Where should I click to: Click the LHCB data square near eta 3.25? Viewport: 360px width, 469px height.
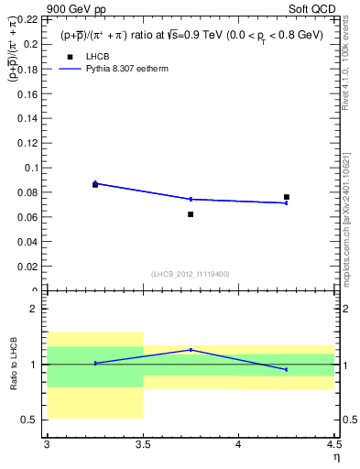point(95,185)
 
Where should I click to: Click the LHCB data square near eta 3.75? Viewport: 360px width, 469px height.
point(191,214)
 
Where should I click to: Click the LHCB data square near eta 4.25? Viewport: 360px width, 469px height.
point(287,197)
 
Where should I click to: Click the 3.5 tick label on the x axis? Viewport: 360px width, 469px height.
point(143,445)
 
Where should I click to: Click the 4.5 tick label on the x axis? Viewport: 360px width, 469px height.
point(333,445)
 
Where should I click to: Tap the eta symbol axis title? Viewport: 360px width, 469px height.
point(335,457)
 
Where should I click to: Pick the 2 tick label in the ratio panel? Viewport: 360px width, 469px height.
point(34,310)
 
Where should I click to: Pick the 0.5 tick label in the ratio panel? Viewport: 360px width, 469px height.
point(31,420)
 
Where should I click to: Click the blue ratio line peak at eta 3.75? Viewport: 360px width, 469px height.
point(191,349)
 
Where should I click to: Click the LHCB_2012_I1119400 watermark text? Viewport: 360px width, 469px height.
point(191,274)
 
